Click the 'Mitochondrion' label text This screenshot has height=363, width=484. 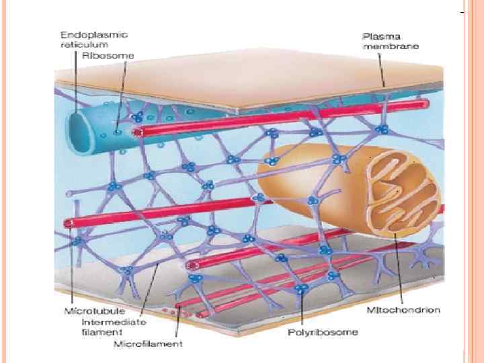403,310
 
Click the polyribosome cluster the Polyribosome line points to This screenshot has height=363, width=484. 302,289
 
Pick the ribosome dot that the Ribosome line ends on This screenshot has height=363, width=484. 118,132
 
